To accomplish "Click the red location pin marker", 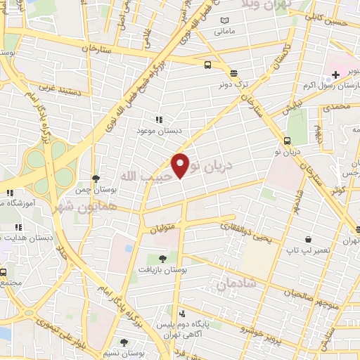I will pos(181,165).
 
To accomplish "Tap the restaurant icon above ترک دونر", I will pos(233,72).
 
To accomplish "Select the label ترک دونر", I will pos(233,84).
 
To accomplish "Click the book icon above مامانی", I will pos(225,20).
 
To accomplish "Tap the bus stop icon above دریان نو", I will pos(288,140).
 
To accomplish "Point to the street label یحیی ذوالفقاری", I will pos(245,233).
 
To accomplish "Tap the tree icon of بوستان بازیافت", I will pos(165,258).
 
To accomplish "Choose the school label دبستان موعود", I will pos(159,131).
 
